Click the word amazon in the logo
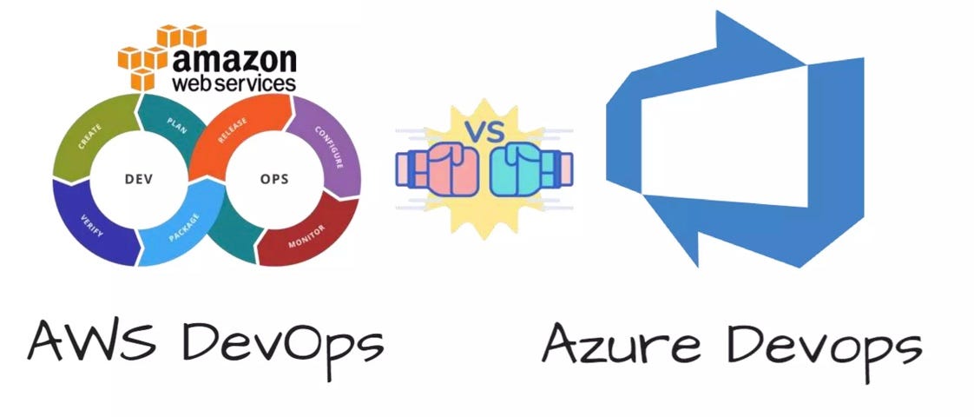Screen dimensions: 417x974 pos(234,61)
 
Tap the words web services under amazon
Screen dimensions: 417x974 pos(234,83)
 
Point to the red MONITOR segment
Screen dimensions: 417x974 pos(308,231)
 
